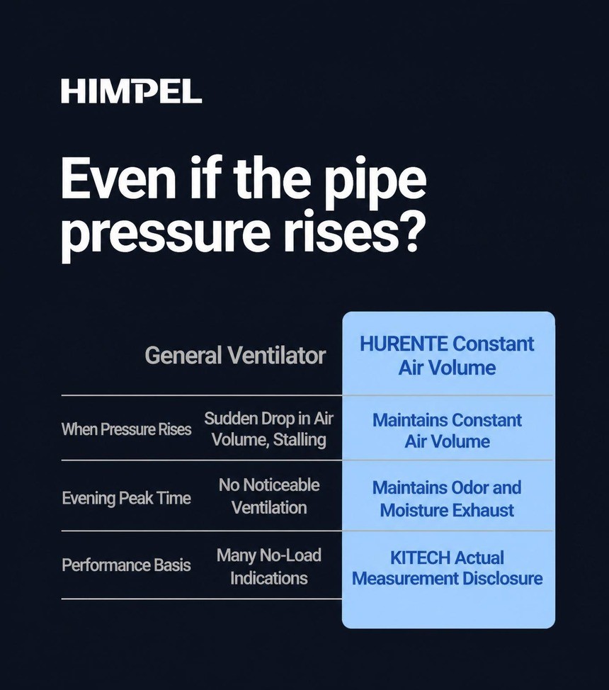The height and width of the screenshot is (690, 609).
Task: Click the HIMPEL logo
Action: pos(131,91)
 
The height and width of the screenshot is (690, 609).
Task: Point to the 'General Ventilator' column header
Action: pos(235,355)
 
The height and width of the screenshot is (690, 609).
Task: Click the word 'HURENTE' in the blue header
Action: pos(404,344)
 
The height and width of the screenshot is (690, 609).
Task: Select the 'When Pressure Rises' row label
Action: pos(126,429)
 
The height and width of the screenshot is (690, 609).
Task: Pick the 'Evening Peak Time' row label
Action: pos(126,498)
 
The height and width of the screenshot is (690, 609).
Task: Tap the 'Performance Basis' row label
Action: pos(126,565)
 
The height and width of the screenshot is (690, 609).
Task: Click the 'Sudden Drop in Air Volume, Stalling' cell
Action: pos(268,429)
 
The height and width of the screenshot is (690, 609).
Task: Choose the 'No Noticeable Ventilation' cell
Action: pos(269,496)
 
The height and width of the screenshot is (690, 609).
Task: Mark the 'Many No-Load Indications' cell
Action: pos(269,566)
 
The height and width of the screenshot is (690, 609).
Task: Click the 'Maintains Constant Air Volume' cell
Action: pos(447,431)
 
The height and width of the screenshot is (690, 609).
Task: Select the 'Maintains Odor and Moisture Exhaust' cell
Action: pos(447,499)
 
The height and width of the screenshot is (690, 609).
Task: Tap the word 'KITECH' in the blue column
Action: pos(420,558)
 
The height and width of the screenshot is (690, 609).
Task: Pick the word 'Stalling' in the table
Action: pos(300,440)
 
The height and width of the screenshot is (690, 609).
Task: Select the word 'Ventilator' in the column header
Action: pos(277,355)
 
